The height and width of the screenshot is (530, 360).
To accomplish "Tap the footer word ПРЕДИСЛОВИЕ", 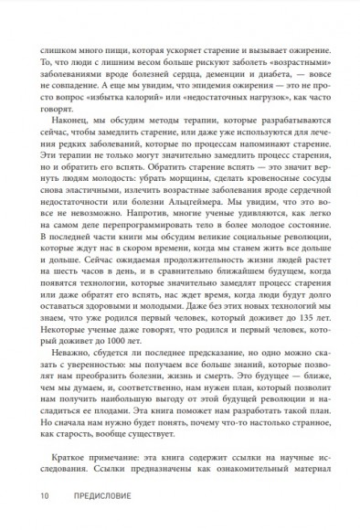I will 95,497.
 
